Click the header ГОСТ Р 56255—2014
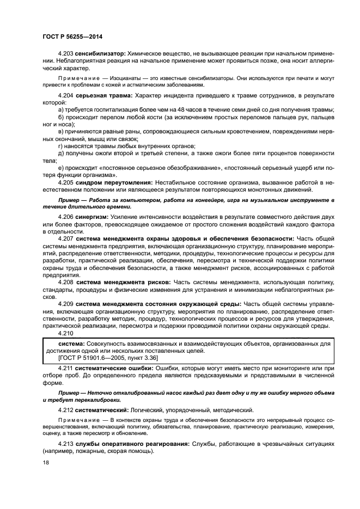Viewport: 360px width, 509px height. pos(72,36)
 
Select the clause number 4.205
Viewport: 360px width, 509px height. pos(66,182)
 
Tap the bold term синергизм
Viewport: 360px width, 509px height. pos(95,217)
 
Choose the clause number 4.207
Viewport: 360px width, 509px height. pos(66,238)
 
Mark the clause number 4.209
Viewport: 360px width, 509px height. pos(66,303)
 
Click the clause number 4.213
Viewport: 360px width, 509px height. pos(66,444)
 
